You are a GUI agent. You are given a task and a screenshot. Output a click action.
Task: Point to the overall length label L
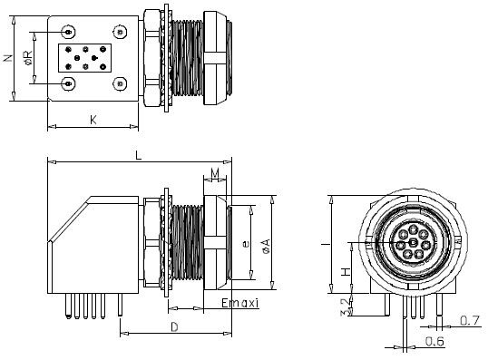(138, 155)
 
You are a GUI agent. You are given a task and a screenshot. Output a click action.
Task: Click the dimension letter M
(215, 173)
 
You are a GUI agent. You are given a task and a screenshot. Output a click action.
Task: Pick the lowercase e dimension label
(246, 243)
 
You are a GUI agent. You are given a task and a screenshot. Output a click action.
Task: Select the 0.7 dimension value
(470, 319)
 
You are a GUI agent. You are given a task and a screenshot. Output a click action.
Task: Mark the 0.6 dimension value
(434, 342)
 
